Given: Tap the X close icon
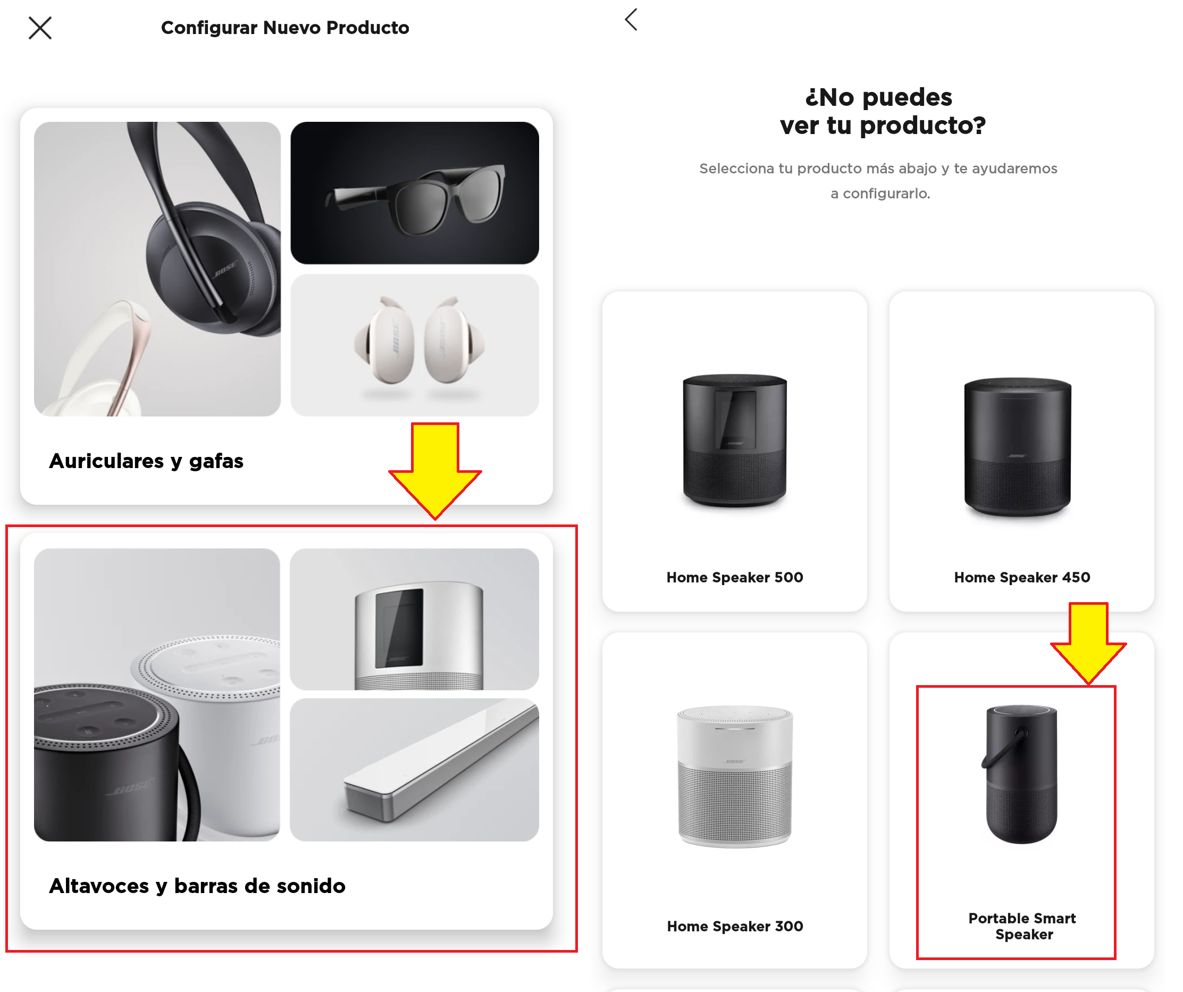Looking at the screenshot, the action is click(40, 28).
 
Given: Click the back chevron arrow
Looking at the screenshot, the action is click(631, 20).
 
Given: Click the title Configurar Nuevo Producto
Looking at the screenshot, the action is click(285, 28).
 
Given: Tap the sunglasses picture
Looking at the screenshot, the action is click(415, 193).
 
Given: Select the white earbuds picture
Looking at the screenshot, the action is click(415, 345).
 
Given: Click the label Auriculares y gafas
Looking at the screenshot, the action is click(146, 461).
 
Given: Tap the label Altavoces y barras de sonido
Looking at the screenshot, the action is click(197, 886).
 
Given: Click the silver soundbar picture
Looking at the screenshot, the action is click(415, 770).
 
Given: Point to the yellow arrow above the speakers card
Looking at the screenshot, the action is click(435, 471).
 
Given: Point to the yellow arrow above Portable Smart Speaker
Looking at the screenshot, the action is click(1088, 643).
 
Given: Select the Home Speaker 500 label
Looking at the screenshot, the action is click(735, 577).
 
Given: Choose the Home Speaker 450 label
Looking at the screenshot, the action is click(1022, 577).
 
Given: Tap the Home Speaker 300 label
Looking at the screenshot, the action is click(735, 926).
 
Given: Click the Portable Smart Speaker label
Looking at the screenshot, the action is click(1022, 926).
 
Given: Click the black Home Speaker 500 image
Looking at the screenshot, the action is click(735, 441).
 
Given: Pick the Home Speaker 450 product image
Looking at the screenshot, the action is click(1018, 447).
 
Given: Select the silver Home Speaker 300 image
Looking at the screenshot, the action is click(735, 776).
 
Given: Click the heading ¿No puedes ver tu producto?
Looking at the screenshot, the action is click(882, 111).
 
